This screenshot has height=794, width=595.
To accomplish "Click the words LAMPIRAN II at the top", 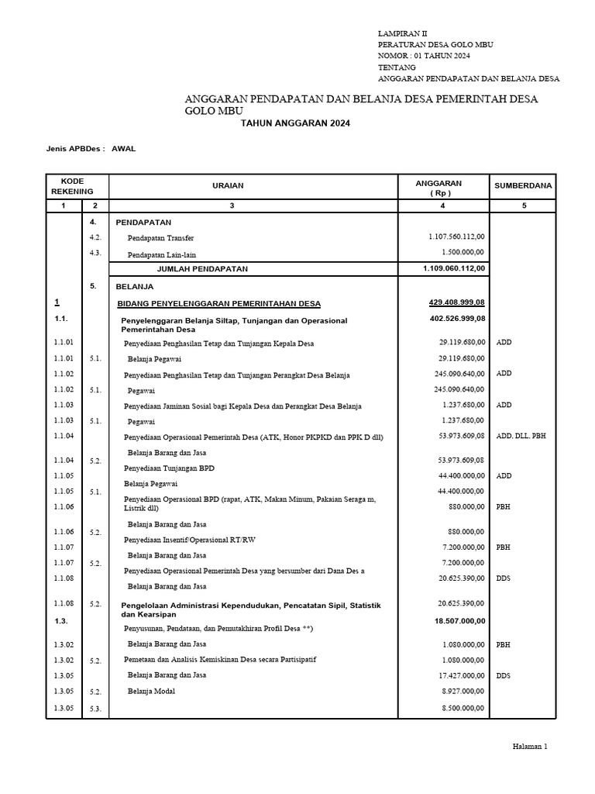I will coord(401,33).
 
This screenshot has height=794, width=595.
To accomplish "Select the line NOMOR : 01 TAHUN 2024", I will coord(423,56).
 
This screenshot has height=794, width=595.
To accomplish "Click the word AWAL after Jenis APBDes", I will coord(124,149).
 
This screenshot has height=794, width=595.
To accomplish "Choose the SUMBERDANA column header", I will coord(523,186).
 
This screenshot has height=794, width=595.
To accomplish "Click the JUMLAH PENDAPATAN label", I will coord(202,269).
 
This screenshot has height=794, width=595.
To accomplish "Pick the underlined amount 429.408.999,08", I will coord(457,302).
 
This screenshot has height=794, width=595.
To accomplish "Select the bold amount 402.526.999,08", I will coord(457,319).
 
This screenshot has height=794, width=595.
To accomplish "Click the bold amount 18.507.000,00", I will coord(459,621).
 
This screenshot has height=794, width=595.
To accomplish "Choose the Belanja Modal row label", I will coord(151,691).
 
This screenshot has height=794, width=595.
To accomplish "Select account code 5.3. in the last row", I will coord(95,707).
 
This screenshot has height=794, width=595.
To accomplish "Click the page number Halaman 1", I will coord(530,747).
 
